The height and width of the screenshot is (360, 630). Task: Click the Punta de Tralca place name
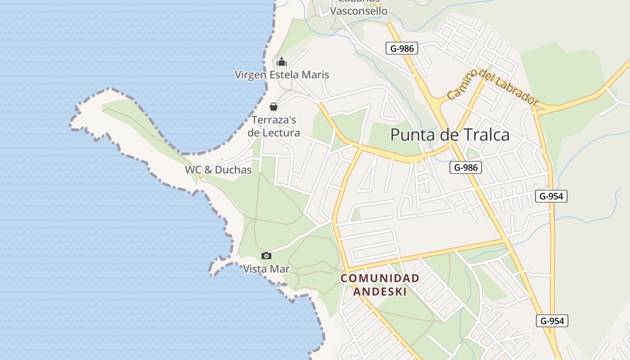pyautogui.click(x=450, y=135)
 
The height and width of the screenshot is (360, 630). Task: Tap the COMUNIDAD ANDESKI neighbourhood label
pyautogui.click(x=380, y=285)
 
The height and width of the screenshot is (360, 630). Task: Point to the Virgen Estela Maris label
pyautogui.click(x=282, y=75)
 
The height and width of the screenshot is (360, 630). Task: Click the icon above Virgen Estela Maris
pyautogui.click(x=282, y=62)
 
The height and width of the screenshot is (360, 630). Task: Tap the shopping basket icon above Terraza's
pyautogui.click(x=273, y=107)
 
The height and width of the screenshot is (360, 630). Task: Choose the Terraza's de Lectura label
pyautogui.click(x=274, y=126)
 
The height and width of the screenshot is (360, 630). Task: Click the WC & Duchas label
pyautogui.click(x=218, y=170)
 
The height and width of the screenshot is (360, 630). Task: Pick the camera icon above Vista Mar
pyautogui.click(x=266, y=256)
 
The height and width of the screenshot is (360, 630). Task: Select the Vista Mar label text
pyautogui.click(x=266, y=269)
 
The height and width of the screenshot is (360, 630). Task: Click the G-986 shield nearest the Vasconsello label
pyautogui.click(x=402, y=48)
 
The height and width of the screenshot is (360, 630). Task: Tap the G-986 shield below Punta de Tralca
pyautogui.click(x=466, y=168)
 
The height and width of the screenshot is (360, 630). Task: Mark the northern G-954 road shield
pyautogui.click(x=551, y=196)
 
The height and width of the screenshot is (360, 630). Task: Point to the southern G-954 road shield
pyautogui.click(x=552, y=321)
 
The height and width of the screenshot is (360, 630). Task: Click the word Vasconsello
pyautogui.click(x=359, y=11)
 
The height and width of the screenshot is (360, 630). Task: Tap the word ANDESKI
pyautogui.click(x=380, y=292)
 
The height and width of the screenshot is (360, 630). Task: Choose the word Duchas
pyautogui.click(x=233, y=170)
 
